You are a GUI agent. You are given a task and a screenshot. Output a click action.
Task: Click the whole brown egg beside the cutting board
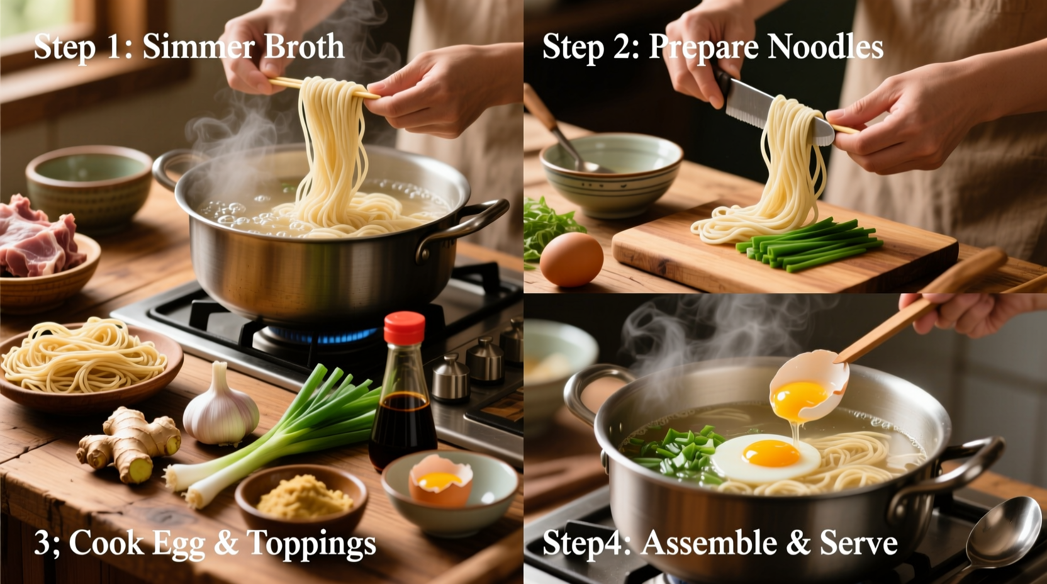(571, 259)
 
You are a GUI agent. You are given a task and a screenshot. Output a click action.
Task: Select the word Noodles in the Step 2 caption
(825, 47)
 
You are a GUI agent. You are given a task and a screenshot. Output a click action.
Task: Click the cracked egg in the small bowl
(440, 482)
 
